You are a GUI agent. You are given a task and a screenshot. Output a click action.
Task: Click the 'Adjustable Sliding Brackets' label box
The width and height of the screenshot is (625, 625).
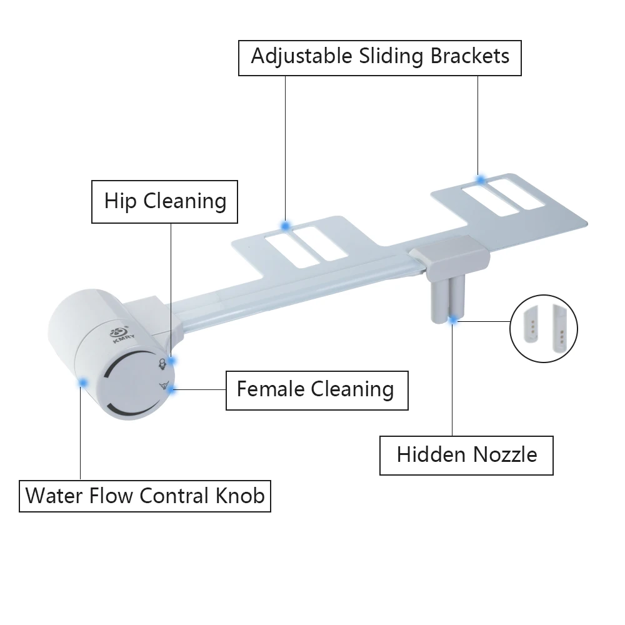coord(380,57)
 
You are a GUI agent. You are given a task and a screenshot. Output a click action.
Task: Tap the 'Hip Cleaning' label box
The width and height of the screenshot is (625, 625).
coord(165,202)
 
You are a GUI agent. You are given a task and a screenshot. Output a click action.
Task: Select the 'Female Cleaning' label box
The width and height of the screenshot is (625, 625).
coord(316,390)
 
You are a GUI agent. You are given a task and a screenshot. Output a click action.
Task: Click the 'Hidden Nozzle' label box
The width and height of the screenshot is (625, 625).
coord(466,455)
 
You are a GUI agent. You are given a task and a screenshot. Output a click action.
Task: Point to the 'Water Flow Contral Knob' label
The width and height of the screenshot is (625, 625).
coord(145,496)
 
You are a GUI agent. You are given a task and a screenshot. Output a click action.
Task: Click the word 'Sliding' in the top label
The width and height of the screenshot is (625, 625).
coord(391,57)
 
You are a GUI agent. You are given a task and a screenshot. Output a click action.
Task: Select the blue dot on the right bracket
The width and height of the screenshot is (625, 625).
coord(481,180)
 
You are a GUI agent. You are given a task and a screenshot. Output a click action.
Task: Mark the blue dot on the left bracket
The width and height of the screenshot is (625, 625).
coord(286,226)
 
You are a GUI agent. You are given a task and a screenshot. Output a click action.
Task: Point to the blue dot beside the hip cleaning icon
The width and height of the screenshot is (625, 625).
coord(171,361)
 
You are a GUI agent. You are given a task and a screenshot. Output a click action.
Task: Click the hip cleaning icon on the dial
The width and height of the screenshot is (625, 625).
coord(162,364)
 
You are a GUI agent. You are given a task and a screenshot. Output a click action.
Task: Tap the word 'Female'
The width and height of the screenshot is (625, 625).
coord(271,390)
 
